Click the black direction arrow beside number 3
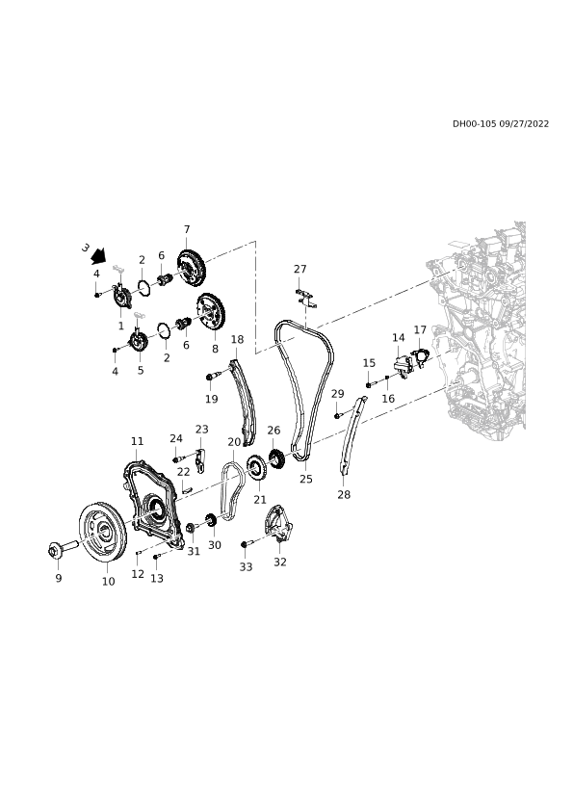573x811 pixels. click(98, 255)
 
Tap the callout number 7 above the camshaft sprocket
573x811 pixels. click(187, 229)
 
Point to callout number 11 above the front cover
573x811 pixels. click(137, 441)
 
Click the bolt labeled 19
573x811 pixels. click(214, 376)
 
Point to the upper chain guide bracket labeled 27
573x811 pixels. click(305, 298)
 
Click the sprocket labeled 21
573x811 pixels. click(256, 469)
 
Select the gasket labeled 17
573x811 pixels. click(421, 357)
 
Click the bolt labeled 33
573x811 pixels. click(250, 543)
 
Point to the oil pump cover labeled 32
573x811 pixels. click(278, 523)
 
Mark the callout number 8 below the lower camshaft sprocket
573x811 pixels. click(215, 349)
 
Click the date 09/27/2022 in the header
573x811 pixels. click(524, 123)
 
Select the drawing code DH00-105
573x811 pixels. click(474, 123)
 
